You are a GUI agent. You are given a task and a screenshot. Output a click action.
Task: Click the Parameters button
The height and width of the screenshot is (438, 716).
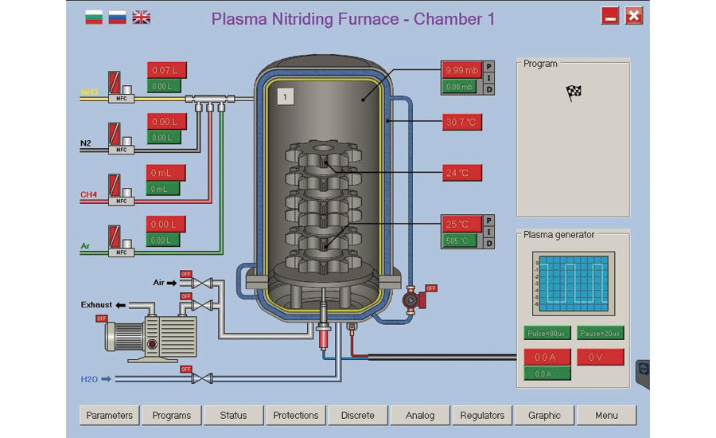coord(110,415)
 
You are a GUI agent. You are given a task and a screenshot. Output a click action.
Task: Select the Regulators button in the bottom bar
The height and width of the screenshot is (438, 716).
coord(482,415)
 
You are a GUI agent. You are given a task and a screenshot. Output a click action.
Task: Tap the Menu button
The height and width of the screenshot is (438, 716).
coord(606,415)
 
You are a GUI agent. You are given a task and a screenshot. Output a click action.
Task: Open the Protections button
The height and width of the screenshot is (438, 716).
coord(296,415)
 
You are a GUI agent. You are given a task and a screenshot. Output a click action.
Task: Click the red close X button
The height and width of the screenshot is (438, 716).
coord(633,16)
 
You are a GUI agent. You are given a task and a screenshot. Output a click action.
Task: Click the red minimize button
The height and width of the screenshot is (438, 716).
coord(610,16)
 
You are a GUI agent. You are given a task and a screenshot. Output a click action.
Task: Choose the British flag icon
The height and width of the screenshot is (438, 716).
coord(141,17)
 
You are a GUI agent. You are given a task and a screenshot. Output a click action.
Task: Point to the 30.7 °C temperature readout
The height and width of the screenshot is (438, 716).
coord(461,123)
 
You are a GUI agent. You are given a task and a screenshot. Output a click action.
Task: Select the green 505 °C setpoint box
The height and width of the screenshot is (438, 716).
coord(461,241)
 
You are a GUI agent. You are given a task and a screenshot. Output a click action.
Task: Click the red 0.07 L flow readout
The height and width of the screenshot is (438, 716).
coord(166,70)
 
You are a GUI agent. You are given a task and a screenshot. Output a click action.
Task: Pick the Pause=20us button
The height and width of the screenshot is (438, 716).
coord(600,333)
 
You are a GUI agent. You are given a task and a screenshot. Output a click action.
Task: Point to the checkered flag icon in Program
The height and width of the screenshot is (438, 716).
coord(573,93)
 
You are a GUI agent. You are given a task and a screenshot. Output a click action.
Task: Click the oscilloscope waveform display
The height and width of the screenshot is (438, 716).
coord(573,283)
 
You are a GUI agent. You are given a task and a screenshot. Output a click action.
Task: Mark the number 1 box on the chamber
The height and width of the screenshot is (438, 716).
coord(286,96)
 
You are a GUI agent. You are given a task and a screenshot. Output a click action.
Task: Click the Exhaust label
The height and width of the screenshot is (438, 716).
coord(98,305)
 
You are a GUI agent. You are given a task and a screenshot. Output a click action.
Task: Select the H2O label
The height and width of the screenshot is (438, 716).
coord(90,379)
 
